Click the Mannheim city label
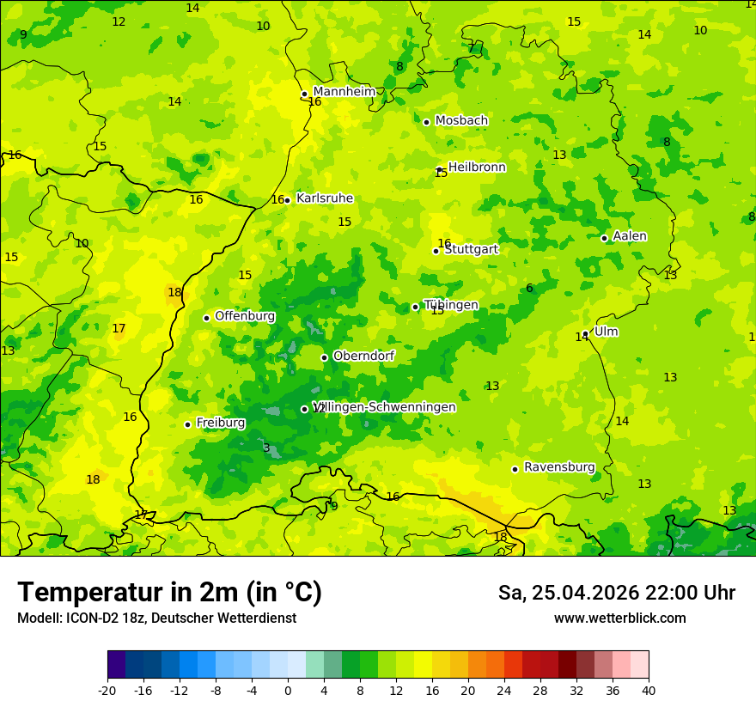point(344,92)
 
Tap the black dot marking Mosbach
point(426,122)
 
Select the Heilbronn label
point(477,168)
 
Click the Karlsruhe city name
point(324,198)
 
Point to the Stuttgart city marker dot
point(436,251)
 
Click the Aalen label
point(630,236)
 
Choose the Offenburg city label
point(245,316)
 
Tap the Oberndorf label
point(363,356)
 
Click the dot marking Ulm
point(585,333)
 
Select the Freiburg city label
point(220,423)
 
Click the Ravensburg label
point(559,467)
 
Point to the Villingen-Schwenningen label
point(385,407)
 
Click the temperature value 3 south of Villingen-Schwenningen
point(266,448)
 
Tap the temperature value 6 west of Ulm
point(529,289)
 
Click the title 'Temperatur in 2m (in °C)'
point(169,593)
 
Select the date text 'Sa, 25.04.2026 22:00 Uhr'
point(616,593)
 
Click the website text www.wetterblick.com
point(619,619)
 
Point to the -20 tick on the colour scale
point(107,690)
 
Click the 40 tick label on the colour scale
point(648,690)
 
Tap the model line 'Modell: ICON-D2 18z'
point(156,619)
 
